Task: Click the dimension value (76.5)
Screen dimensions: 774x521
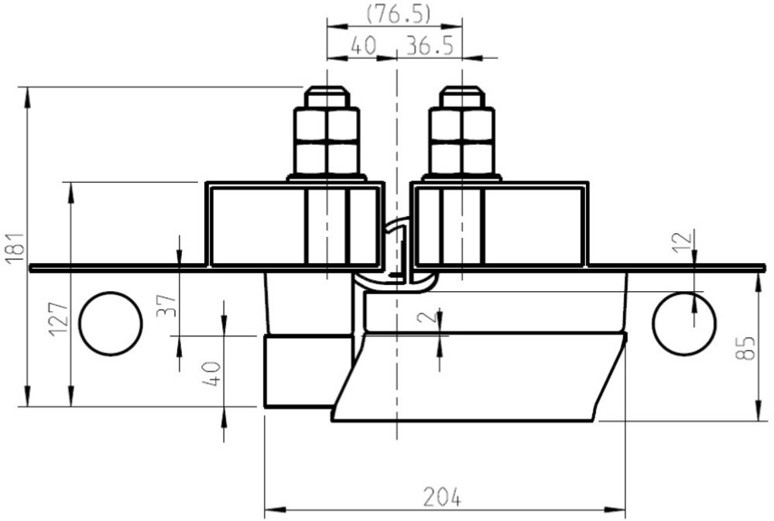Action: tap(399, 14)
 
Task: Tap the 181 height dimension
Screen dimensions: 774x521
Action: tap(15, 247)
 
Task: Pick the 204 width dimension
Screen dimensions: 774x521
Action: tap(442, 496)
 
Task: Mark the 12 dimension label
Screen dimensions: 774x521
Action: tap(683, 242)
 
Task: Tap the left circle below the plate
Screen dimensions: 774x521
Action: tap(111, 324)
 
